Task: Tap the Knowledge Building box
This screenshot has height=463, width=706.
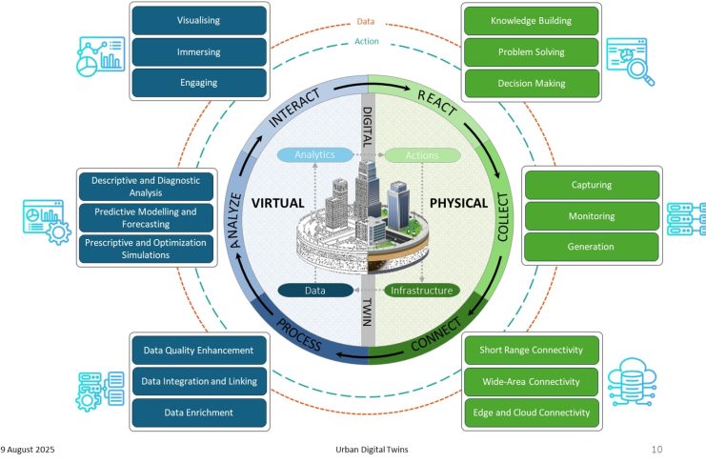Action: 532,20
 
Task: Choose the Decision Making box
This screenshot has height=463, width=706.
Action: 532,83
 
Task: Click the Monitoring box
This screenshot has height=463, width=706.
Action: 592,215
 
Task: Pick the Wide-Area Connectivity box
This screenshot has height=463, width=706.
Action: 535,382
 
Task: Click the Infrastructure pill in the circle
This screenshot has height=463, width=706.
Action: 422,290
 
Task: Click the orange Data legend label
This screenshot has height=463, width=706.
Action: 366,20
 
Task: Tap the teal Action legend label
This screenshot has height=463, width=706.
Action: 366,40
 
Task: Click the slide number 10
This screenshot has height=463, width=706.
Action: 656,448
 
